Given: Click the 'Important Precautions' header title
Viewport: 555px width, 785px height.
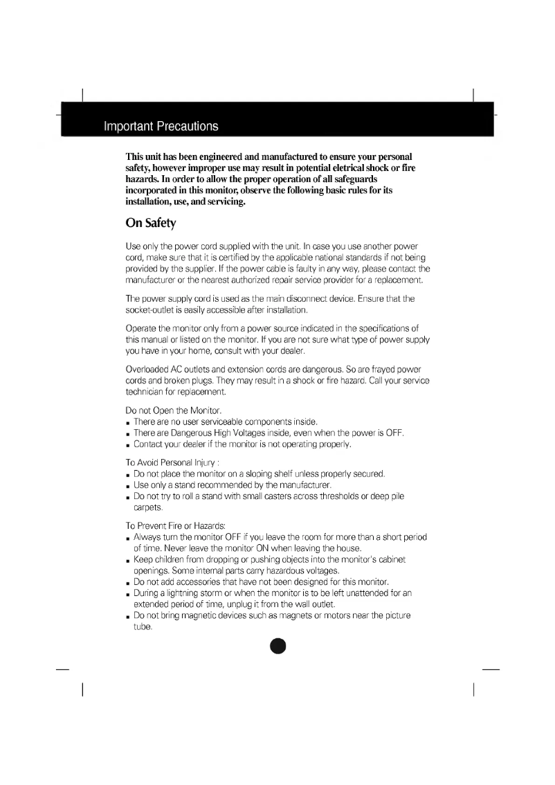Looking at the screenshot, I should coord(161,126).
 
